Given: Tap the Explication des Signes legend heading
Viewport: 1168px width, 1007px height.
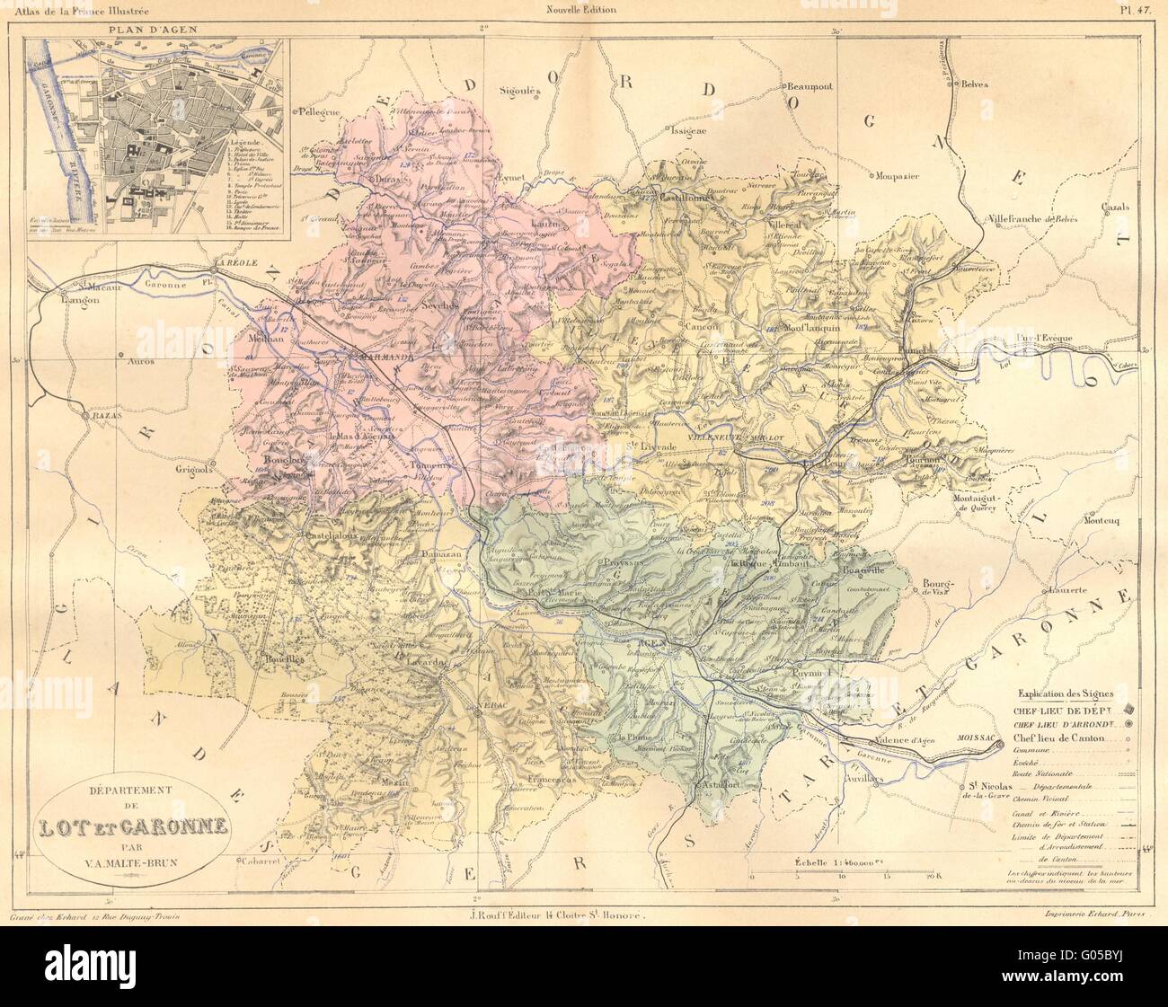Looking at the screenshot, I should point(1065,693).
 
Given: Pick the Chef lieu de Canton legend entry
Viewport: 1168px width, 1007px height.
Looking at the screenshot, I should point(1061,739).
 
